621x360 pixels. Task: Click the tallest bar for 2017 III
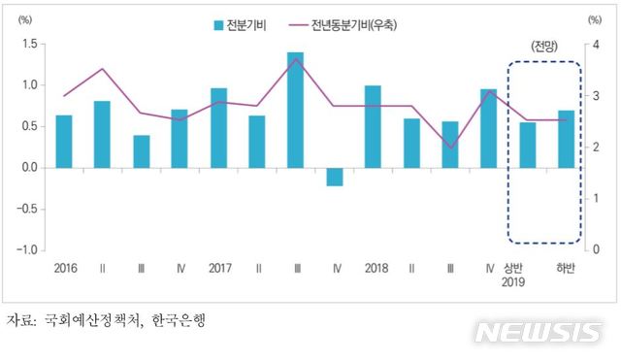(295, 110)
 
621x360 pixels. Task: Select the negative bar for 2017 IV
(334, 177)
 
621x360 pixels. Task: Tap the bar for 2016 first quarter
(64, 142)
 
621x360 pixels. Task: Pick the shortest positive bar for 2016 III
(142, 151)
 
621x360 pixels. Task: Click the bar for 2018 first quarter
(373, 127)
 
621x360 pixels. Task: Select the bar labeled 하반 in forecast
(566, 139)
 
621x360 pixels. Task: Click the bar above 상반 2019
(527, 145)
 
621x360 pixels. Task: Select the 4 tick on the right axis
(592, 45)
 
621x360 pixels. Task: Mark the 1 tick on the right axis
(592, 198)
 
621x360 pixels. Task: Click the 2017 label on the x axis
(218, 269)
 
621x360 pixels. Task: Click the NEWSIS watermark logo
(538, 333)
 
